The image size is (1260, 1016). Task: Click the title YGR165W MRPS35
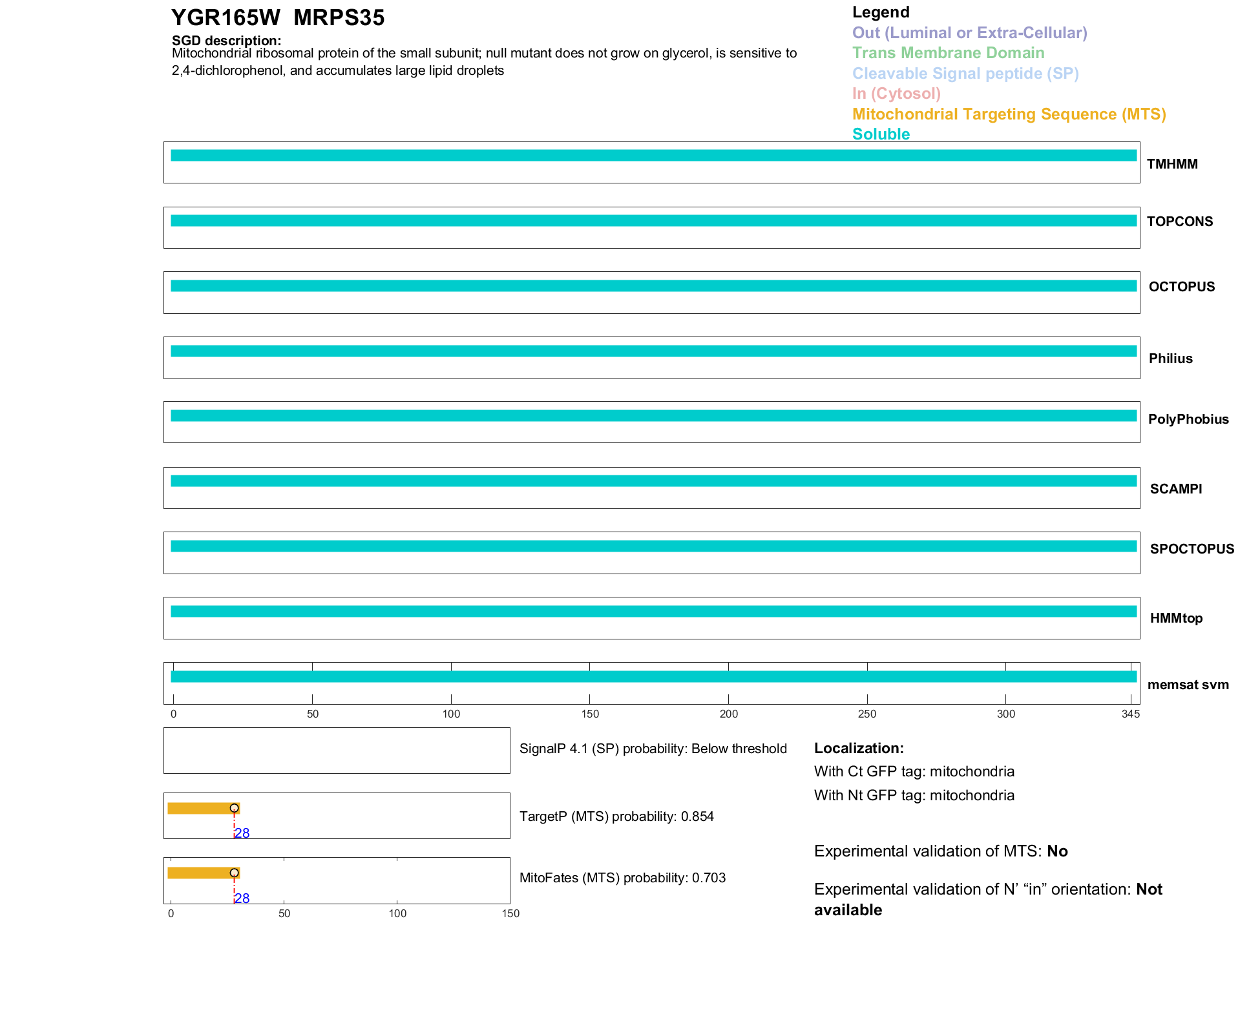pyautogui.click(x=278, y=18)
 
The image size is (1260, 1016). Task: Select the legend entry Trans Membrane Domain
pyautogui.click(x=948, y=53)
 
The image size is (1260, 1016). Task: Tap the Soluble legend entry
pyautogui.click(x=881, y=134)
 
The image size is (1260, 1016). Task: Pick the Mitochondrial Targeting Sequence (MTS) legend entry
pyautogui.click(x=1009, y=114)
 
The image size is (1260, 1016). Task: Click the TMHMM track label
pyautogui.click(x=1172, y=164)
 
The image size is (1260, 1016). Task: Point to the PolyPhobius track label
pyautogui.click(x=1188, y=419)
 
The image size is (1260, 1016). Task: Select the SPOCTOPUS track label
pyautogui.click(x=1192, y=549)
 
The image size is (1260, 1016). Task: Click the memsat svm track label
pyautogui.click(x=1188, y=685)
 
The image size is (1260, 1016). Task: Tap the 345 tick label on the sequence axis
pyautogui.click(x=1131, y=714)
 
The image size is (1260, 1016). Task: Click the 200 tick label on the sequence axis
pyautogui.click(x=728, y=714)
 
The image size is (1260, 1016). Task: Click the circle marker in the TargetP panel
pyautogui.click(x=234, y=808)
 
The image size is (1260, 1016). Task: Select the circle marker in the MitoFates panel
pyautogui.click(x=234, y=873)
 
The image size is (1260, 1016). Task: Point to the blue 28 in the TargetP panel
pyautogui.click(x=242, y=833)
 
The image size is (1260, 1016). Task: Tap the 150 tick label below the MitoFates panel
pyautogui.click(x=510, y=913)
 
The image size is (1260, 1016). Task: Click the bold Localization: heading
pyautogui.click(x=859, y=749)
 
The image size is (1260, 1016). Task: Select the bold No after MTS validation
pyautogui.click(x=1057, y=851)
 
